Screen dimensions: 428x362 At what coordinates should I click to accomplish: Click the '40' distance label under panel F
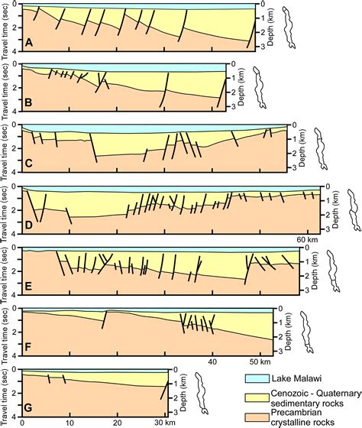tap(214, 362)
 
